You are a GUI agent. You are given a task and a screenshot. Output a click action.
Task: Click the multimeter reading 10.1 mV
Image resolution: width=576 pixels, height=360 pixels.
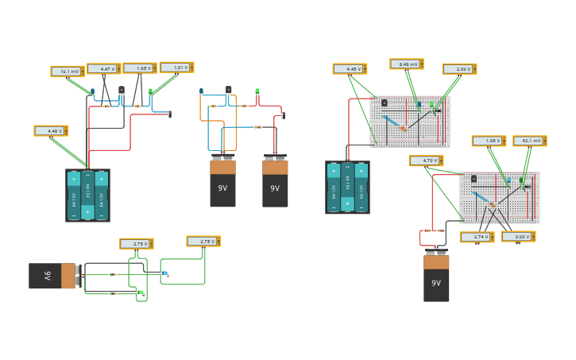(67, 72)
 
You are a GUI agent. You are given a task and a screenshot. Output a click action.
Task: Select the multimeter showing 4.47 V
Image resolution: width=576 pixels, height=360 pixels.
(103, 69)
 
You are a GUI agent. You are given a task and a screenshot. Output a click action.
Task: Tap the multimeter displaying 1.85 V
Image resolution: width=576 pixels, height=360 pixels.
(139, 68)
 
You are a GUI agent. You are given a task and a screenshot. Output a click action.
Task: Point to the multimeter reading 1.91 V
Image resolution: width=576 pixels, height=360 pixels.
(176, 68)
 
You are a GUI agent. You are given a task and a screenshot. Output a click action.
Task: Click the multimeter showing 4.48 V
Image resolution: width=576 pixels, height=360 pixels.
(50, 131)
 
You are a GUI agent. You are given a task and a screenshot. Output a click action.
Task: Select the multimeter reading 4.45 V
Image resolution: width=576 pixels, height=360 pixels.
(350, 69)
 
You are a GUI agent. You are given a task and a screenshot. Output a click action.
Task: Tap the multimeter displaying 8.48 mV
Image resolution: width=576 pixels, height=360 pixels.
(406, 64)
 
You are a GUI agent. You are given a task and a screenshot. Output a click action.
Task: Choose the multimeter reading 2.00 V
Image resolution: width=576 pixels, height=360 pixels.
(459, 69)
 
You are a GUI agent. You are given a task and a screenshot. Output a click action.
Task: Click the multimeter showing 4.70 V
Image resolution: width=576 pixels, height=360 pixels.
(426, 161)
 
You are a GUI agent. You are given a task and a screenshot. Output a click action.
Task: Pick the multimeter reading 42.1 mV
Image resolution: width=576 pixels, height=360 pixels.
(529, 141)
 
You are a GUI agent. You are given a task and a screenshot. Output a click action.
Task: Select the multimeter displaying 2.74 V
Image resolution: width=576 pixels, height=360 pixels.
(477, 237)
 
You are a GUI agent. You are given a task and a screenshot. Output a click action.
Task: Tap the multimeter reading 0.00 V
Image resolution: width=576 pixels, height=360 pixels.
(518, 237)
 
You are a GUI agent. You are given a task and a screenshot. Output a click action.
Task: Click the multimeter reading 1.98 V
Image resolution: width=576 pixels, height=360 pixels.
(489, 141)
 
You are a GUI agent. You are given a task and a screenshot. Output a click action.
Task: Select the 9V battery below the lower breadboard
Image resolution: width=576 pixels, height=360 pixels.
(436, 277)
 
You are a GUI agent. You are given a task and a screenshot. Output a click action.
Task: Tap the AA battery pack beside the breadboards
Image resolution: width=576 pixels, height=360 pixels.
(347, 188)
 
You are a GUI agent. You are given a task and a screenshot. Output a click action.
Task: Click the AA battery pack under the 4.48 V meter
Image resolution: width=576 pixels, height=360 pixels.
(87, 195)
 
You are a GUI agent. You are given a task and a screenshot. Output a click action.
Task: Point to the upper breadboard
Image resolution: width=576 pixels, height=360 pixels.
(409, 122)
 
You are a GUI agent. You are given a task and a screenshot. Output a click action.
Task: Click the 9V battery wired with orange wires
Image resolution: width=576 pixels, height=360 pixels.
(222, 182)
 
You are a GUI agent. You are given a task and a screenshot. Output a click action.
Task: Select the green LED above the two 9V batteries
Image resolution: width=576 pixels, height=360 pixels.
(257, 92)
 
